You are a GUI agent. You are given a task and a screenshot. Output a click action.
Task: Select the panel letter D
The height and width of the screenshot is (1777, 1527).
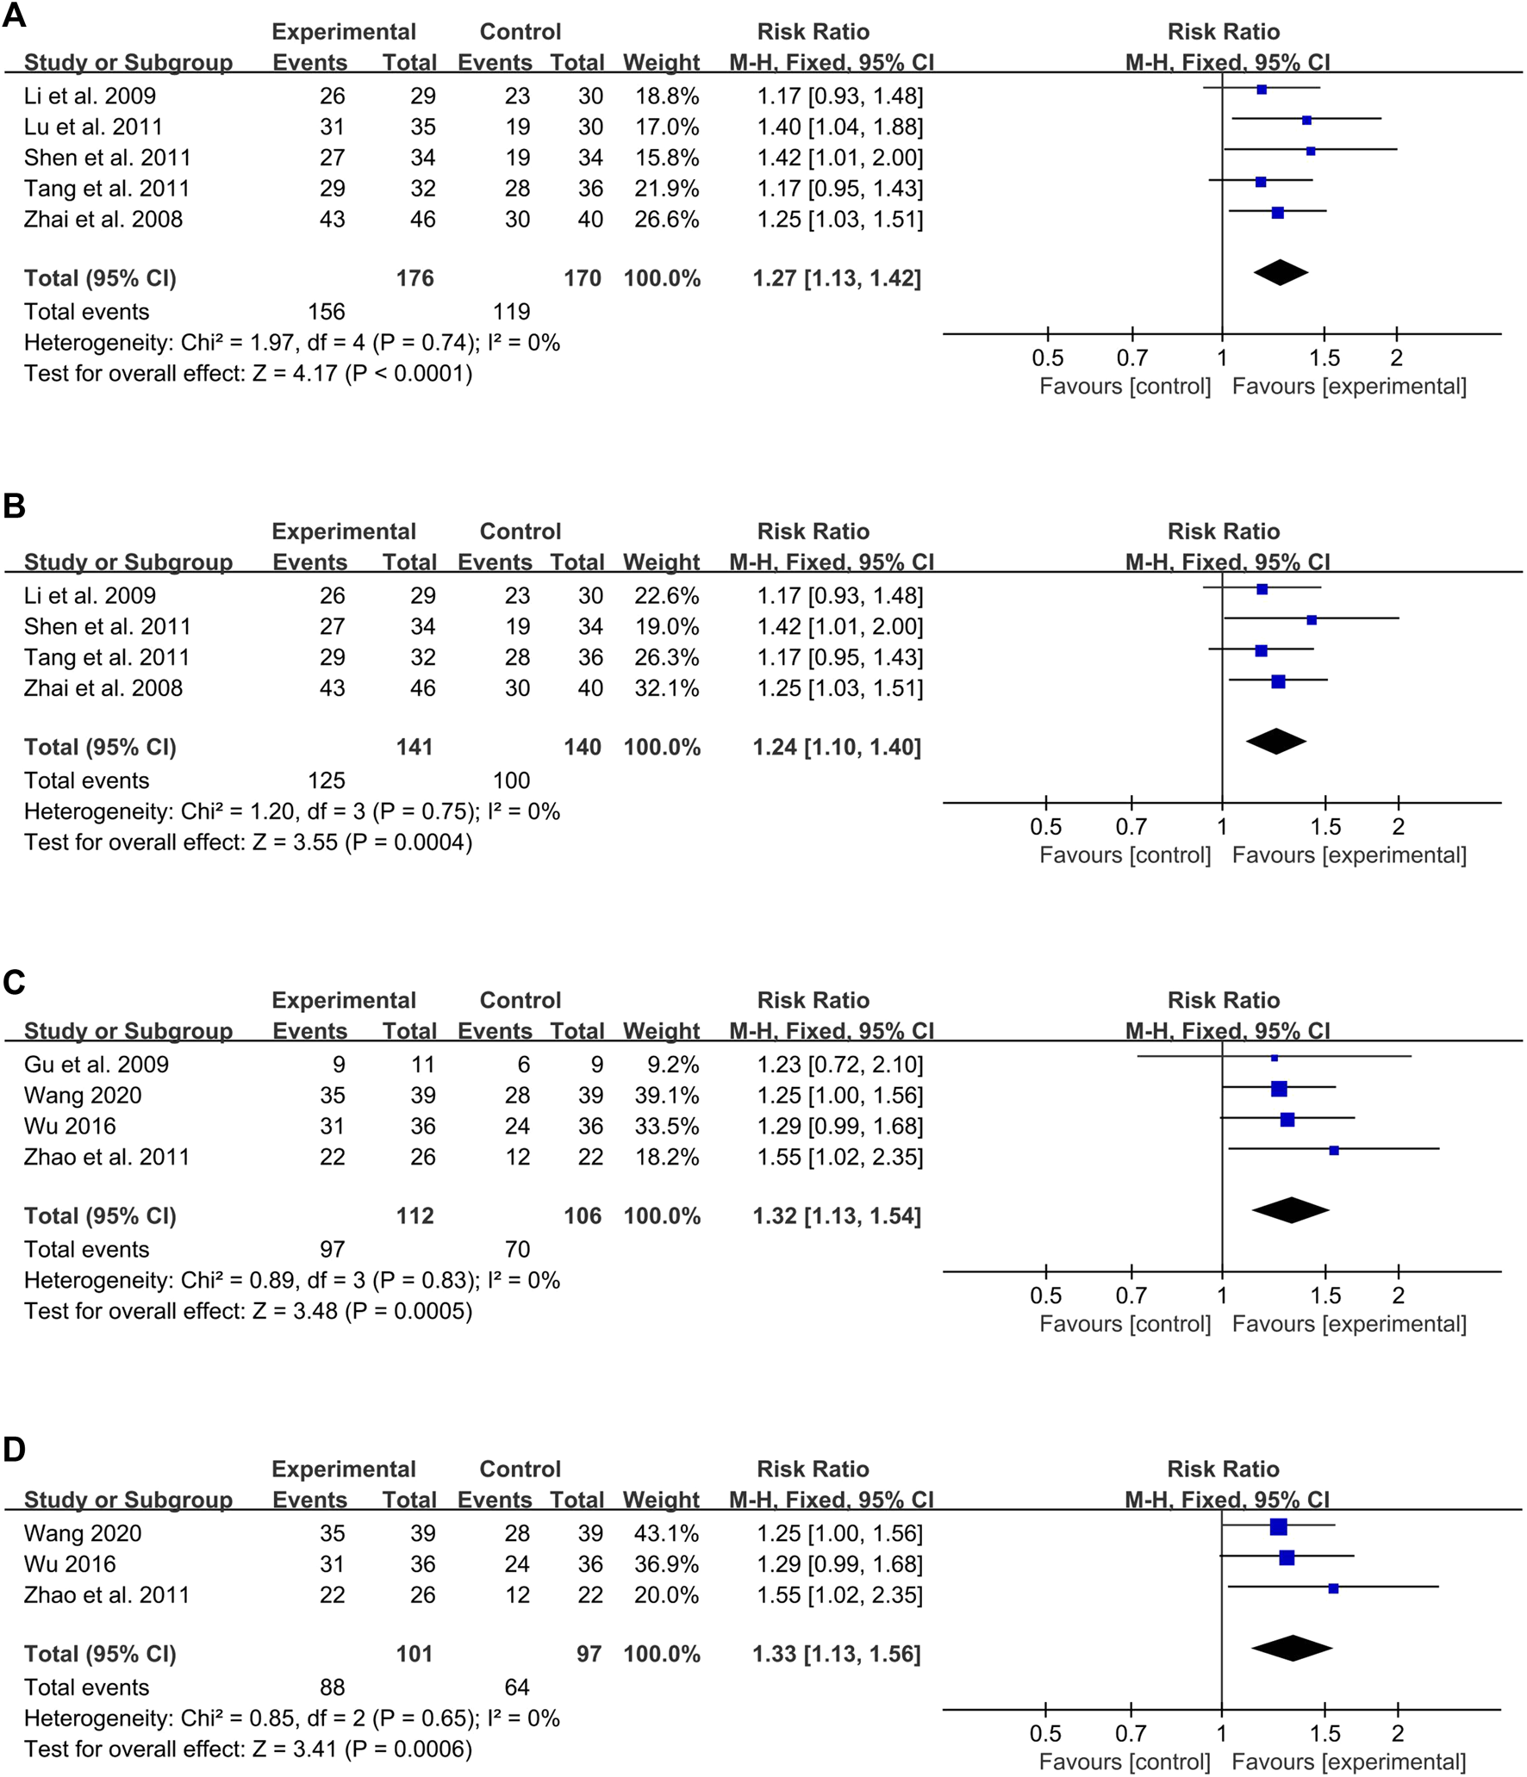click(15, 1450)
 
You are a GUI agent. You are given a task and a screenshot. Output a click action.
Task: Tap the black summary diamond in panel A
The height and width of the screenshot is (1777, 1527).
click(1281, 272)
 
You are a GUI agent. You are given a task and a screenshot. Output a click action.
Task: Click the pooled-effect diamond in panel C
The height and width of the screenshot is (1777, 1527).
click(1290, 1210)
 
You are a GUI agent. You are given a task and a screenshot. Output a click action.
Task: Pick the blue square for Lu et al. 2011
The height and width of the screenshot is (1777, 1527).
click(1306, 121)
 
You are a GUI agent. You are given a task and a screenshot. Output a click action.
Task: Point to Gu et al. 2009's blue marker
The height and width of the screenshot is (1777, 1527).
click(1275, 1058)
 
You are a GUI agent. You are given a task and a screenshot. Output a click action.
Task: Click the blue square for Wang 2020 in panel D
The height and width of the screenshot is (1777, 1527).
click(1278, 1527)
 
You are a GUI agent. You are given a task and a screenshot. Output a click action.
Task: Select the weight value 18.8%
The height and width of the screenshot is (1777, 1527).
click(667, 96)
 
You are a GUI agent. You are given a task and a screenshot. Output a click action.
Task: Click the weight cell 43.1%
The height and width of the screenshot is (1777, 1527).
click(667, 1533)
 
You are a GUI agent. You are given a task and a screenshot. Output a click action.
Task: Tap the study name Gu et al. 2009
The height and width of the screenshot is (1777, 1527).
click(97, 1065)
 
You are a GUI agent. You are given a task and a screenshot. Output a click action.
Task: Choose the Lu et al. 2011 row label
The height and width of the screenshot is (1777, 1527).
click(93, 127)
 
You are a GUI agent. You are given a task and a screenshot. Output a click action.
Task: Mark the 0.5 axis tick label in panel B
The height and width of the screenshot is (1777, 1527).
click(1046, 827)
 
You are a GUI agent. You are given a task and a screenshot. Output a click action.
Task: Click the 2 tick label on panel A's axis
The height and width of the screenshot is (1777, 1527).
click(1397, 357)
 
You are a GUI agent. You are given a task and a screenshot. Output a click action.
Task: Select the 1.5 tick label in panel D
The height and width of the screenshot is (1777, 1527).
click(1325, 1733)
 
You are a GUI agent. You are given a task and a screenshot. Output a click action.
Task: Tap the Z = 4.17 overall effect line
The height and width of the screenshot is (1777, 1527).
click(248, 374)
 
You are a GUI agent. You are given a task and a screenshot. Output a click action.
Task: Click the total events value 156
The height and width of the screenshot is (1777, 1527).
click(327, 312)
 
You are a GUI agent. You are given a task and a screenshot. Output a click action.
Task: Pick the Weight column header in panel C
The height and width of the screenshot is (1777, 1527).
click(662, 1031)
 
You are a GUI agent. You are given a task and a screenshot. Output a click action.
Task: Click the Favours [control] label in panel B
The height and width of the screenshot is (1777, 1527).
click(1125, 855)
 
